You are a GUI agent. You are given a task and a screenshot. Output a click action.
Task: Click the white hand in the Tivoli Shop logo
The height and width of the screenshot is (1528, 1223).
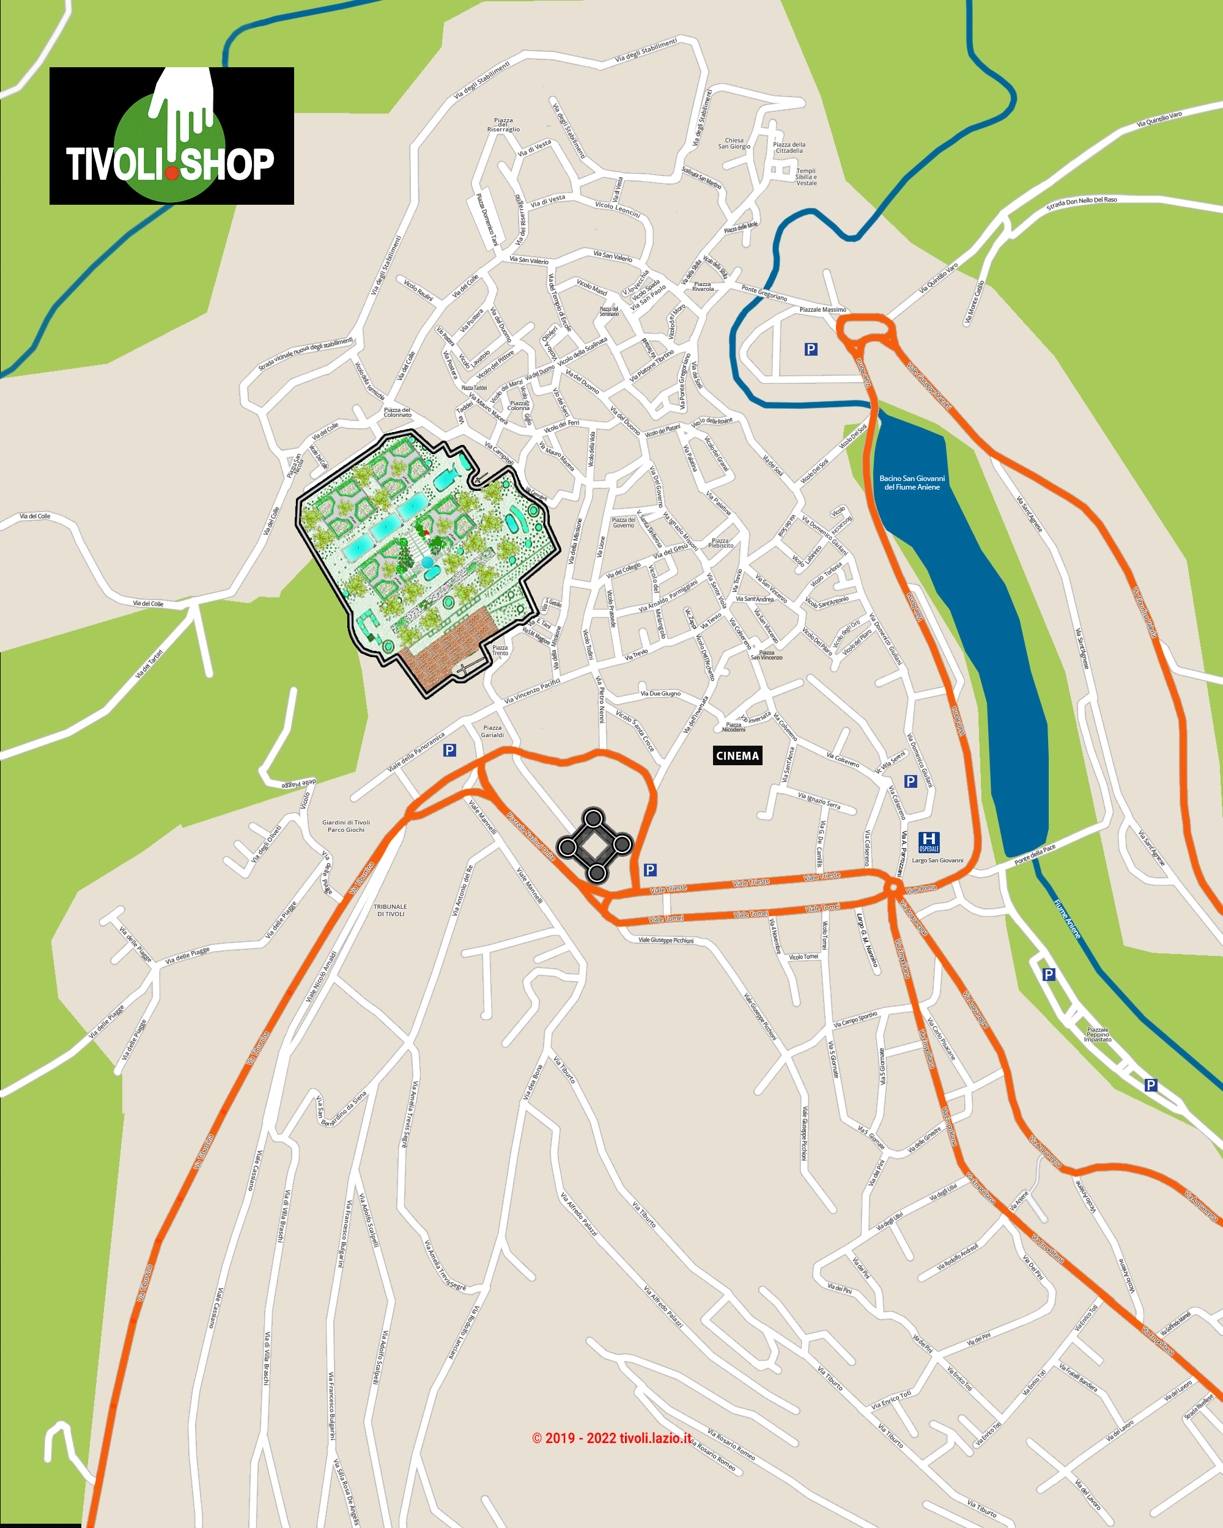[x=183, y=99]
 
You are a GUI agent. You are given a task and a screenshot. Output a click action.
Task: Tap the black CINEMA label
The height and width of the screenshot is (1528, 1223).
[x=737, y=755]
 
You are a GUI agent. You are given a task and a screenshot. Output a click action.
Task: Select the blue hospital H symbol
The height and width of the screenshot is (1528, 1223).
[x=928, y=842]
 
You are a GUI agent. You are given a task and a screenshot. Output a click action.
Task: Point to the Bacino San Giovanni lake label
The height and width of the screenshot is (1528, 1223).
[x=912, y=483]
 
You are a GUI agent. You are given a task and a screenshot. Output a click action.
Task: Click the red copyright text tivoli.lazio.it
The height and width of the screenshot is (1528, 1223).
[x=611, y=1438]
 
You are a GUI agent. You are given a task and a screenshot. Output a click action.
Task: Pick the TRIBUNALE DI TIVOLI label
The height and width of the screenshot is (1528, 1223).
[x=390, y=910]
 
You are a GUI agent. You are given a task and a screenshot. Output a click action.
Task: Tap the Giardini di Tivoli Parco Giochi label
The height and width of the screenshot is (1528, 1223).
[x=346, y=826]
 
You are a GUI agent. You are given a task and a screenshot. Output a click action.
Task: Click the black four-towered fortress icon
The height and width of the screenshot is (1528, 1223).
[x=594, y=845]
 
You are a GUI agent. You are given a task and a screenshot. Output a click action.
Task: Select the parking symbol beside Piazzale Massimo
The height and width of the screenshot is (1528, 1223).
[x=811, y=349]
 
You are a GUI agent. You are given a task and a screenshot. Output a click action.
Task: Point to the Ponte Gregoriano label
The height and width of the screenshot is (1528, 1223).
[x=764, y=293]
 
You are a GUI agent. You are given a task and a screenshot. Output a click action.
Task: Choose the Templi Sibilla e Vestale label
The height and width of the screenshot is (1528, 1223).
[x=806, y=177]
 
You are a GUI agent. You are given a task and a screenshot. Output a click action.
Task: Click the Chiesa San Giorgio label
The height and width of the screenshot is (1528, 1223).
[x=734, y=143]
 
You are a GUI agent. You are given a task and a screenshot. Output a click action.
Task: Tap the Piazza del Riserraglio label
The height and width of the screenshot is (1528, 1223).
[x=503, y=125]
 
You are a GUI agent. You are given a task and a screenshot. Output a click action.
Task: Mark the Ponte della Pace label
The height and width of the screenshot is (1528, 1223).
[x=1035, y=854]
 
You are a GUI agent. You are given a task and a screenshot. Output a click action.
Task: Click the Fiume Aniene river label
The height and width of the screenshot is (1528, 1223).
[x=1066, y=919]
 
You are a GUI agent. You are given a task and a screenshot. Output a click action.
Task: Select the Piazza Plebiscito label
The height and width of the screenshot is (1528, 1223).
[x=720, y=543]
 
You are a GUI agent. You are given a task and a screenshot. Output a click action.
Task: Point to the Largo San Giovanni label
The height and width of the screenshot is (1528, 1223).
[x=937, y=861]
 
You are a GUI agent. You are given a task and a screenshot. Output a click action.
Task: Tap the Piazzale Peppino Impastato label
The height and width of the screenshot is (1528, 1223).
[x=1097, y=1035]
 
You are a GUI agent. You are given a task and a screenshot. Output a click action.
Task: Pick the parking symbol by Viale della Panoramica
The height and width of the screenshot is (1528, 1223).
[x=449, y=750]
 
